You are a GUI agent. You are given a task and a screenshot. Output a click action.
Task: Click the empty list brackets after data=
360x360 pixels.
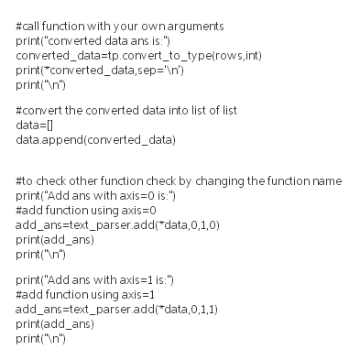(x=49, y=126)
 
